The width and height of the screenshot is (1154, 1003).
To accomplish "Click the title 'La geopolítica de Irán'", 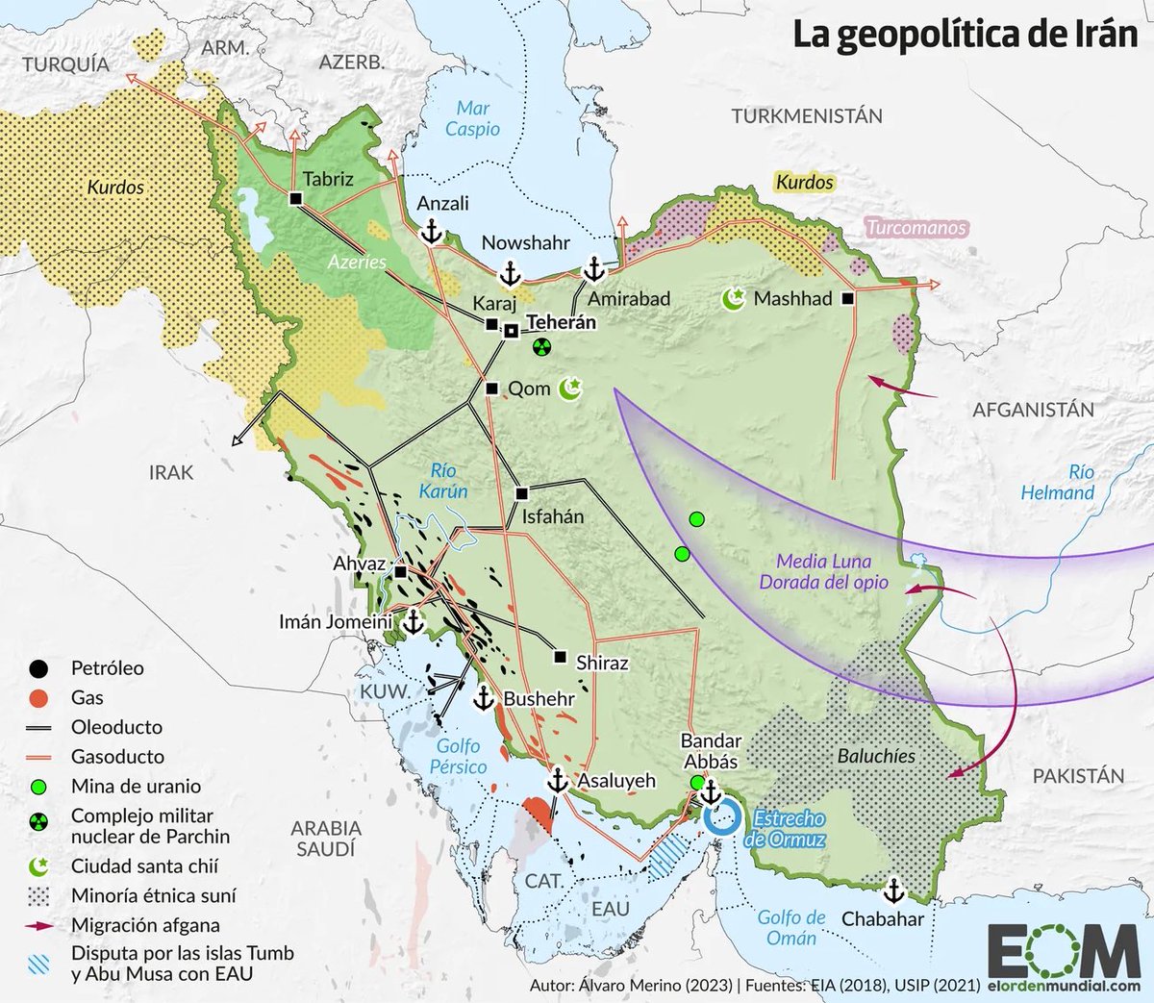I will (x=966, y=35).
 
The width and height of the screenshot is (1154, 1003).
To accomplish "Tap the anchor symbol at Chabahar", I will (x=894, y=889).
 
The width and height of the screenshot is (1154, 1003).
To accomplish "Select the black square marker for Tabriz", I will (x=295, y=198).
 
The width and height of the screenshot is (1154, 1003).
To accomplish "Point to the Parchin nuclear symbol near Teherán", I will (x=541, y=345).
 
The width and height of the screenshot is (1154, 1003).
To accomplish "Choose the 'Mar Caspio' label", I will (x=472, y=118).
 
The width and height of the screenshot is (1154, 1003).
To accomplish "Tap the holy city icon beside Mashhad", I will (x=734, y=299).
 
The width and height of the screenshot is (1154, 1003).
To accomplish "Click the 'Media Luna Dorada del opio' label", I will (x=823, y=571).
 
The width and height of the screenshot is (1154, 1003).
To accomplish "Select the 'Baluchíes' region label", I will (x=875, y=756).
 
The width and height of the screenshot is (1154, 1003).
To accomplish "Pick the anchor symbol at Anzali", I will (x=432, y=231).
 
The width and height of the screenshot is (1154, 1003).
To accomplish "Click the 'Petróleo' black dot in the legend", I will (x=38, y=668).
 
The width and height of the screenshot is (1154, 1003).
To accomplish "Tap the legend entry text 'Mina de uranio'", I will (x=136, y=786).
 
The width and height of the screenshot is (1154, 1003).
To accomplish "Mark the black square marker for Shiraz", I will (x=561, y=658).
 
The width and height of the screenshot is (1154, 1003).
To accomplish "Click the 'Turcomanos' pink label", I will (x=916, y=228).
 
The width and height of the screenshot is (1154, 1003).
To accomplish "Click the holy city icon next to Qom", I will (x=572, y=388).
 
